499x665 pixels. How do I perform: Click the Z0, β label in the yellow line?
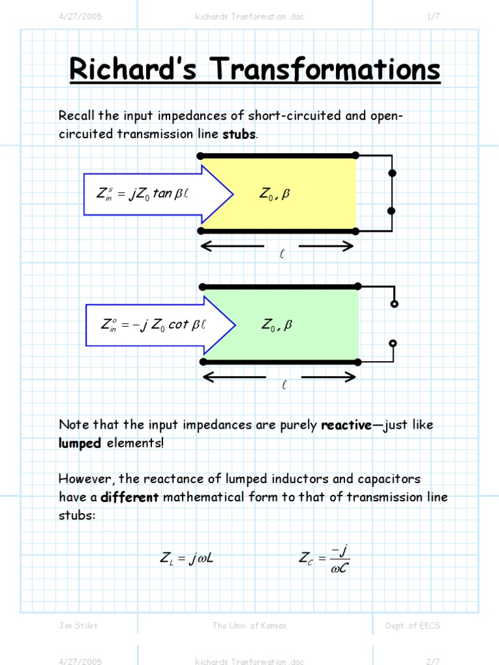[274, 194]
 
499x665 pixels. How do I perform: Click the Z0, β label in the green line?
[277, 325]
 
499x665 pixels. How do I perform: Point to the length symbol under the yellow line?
[282, 255]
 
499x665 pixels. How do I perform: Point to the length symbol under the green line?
[283, 386]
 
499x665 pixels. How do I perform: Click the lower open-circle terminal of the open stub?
[394, 344]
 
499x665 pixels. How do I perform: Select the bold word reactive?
[347, 425]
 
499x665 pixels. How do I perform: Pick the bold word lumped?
[80, 444]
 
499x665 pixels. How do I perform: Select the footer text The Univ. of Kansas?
[249, 625]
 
